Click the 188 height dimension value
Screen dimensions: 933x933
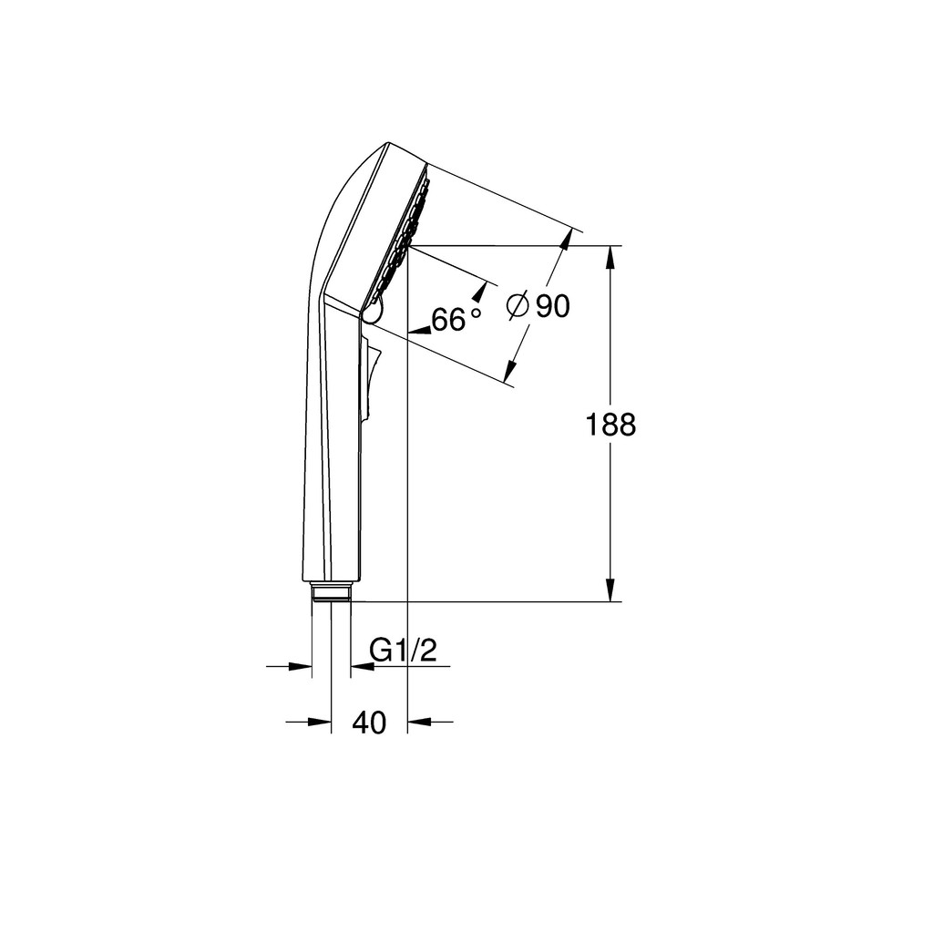click(610, 425)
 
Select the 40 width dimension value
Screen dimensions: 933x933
click(369, 723)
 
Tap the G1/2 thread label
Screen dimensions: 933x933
click(403, 651)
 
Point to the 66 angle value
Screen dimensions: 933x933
click(448, 320)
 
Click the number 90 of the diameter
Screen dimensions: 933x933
click(553, 306)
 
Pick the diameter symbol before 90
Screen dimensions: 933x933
click(518, 306)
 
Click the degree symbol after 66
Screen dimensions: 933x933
click(476, 312)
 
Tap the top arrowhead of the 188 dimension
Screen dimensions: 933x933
click(610, 257)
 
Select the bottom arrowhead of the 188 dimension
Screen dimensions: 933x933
click(610, 590)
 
